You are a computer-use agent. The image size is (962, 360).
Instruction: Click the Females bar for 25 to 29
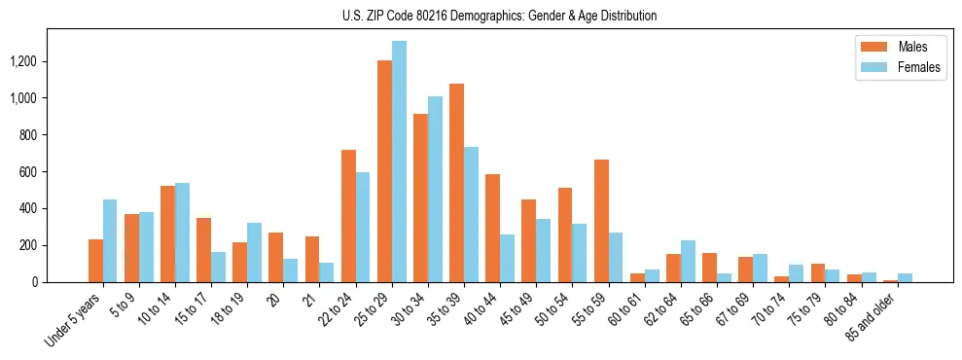[x=399, y=162]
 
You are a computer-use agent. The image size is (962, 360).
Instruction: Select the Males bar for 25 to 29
[x=384, y=171]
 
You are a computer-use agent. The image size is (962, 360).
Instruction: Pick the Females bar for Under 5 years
[x=110, y=240]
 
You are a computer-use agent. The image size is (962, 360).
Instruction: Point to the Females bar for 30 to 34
[x=435, y=189]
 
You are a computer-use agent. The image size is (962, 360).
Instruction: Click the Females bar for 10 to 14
[x=182, y=233]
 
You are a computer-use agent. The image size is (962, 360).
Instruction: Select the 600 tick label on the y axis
[x=60, y=171]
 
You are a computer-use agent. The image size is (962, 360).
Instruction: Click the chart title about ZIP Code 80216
[x=499, y=16]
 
